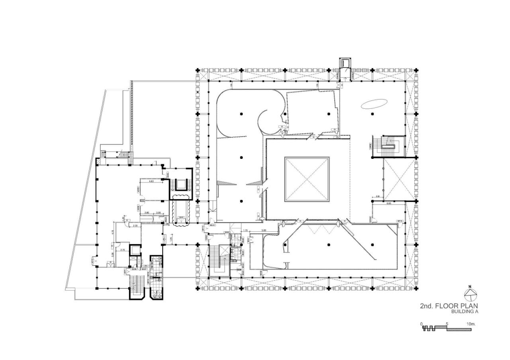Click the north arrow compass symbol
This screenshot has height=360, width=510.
click(471, 295)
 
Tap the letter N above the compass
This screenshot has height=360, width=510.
click(471, 286)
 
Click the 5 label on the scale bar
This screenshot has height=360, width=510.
click(447, 324)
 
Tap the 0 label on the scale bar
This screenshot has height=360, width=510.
click(422, 324)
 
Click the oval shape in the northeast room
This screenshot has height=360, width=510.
click(373, 104)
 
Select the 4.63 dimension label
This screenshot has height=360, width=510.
click(151, 181)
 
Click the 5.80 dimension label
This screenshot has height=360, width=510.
click(264, 231)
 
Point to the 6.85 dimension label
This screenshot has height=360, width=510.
click(390, 203)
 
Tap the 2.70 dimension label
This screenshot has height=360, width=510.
click(123, 250)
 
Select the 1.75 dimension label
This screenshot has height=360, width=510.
click(245, 231)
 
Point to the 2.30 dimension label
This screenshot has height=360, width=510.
click(135, 226)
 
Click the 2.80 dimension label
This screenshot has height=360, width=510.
click(147, 213)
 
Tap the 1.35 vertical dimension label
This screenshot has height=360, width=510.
click(171, 238)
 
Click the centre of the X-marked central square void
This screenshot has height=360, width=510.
click(307, 179)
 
